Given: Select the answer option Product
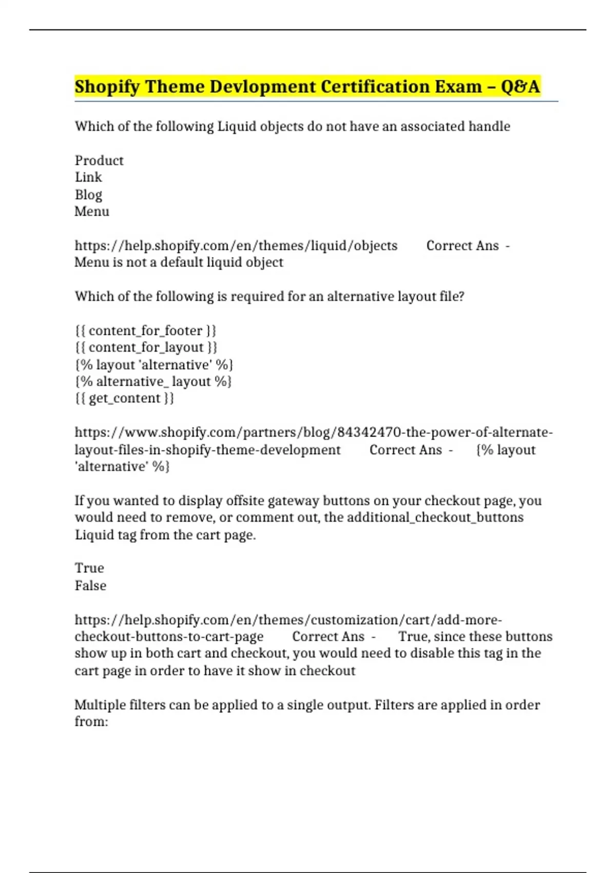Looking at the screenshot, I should (x=99, y=161).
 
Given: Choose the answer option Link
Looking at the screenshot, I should (x=88, y=178).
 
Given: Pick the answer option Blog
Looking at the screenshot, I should (x=88, y=195).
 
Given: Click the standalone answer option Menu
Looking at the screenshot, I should (x=92, y=212).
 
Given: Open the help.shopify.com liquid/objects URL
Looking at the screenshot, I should (x=236, y=246).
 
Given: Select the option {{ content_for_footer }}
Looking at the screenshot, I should (x=146, y=331).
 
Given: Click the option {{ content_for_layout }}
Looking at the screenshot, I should (x=146, y=348).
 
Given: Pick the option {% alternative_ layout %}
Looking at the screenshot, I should (x=153, y=382).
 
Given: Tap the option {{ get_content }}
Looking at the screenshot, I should (x=125, y=398).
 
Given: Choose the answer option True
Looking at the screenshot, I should (x=89, y=568).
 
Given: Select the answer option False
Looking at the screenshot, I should (x=90, y=586).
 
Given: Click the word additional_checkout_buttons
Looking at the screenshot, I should (x=435, y=518).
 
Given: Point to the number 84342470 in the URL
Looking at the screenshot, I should (x=369, y=433).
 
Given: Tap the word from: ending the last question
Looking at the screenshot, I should (x=91, y=722).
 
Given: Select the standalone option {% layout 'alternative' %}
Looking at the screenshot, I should (x=154, y=365).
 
